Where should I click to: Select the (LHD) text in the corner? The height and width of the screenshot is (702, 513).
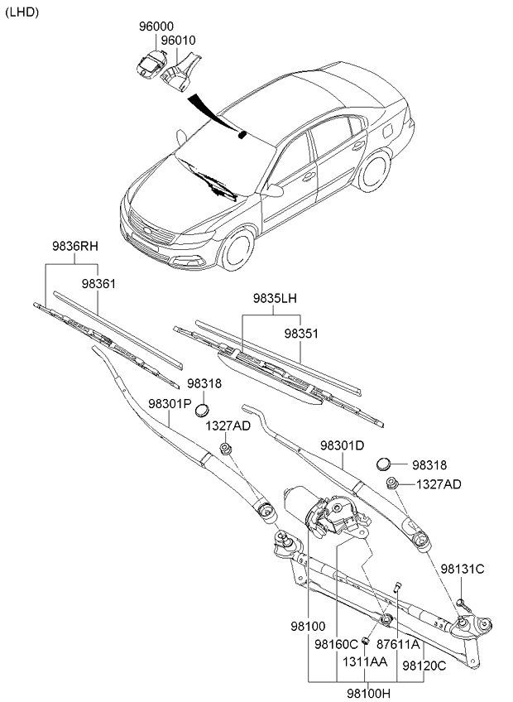(x=22, y=11)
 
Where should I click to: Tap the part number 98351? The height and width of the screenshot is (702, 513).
(x=301, y=334)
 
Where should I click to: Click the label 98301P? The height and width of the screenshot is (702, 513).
(x=170, y=403)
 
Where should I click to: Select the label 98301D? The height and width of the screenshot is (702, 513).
(x=342, y=445)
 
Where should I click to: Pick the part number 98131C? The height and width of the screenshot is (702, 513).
(x=462, y=569)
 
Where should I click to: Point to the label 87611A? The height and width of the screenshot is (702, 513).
(x=399, y=643)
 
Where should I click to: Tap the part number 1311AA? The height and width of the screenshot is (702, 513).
(x=365, y=663)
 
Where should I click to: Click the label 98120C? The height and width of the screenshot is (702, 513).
(x=424, y=665)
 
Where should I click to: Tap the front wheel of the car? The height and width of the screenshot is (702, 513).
(x=238, y=249)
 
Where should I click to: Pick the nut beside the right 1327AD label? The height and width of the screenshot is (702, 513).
(x=393, y=483)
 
